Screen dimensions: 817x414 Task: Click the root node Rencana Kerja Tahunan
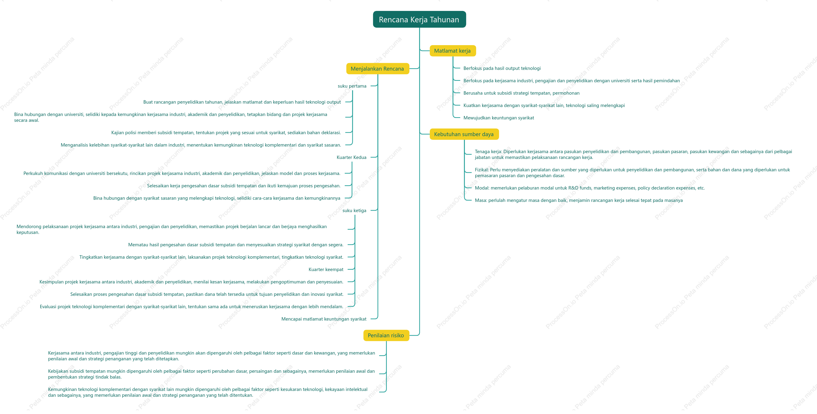pyautogui.click(x=419, y=19)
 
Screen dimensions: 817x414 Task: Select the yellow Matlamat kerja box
pyautogui.click(x=453, y=51)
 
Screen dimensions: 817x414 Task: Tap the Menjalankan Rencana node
pyautogui.click(x=377, y=69)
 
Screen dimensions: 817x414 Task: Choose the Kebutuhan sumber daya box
pyautogui.click(x=464, y=134)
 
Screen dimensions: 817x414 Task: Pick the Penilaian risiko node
pyautogui.click(x=386, y=335)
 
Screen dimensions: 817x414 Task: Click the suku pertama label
pyautogui.click(x=352, y=86)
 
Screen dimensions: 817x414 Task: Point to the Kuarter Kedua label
pyautogui.click(x=351, y=157)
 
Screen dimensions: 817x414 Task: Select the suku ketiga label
pyautogui.click(x=354, y=210)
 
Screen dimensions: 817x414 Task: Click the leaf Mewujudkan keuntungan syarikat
pyautogui.click(x=499, y=118)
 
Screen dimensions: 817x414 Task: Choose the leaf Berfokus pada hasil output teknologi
pyautogui.click(x=502, y=68)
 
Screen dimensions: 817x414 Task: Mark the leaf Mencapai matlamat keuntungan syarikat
pyautogui.click(x=324, y=319)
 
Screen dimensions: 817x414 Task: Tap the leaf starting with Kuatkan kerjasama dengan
pyautogui.click(x=544, y=105)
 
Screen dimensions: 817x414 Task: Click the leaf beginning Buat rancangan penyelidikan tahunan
pyautogui.click(x=242, y=102)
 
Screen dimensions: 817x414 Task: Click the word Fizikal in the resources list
pyautogui.click(x=481, y=170)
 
